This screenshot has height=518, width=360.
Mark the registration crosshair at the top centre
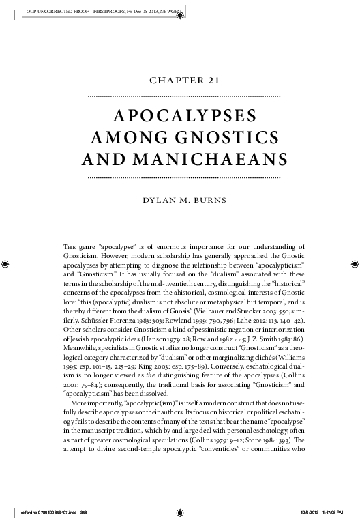(180, 18)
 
